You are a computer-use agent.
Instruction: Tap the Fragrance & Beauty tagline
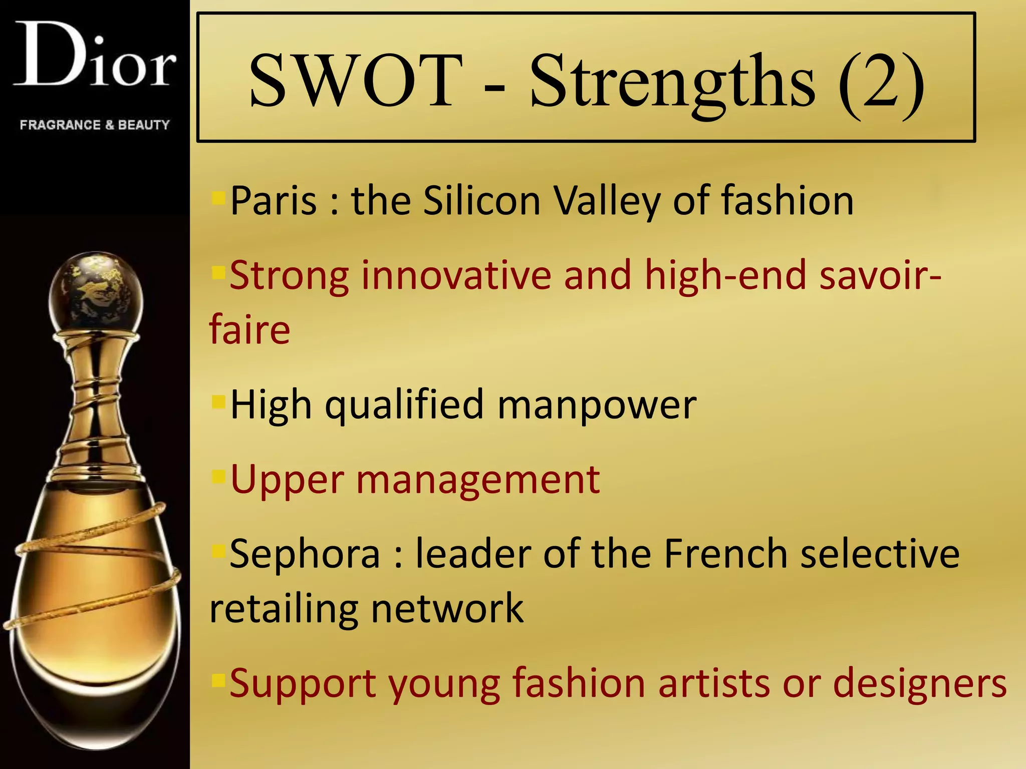coord(95,125)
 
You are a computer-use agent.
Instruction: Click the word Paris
coord(274,201)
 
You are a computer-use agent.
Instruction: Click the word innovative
coord(456,275)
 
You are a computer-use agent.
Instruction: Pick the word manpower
coord(596,405)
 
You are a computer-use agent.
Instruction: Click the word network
coord(447,609)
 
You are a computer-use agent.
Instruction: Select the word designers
coord(919,684)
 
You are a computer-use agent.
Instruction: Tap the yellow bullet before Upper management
coord(218,476)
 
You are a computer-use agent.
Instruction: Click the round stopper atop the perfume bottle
coord(96,293)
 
